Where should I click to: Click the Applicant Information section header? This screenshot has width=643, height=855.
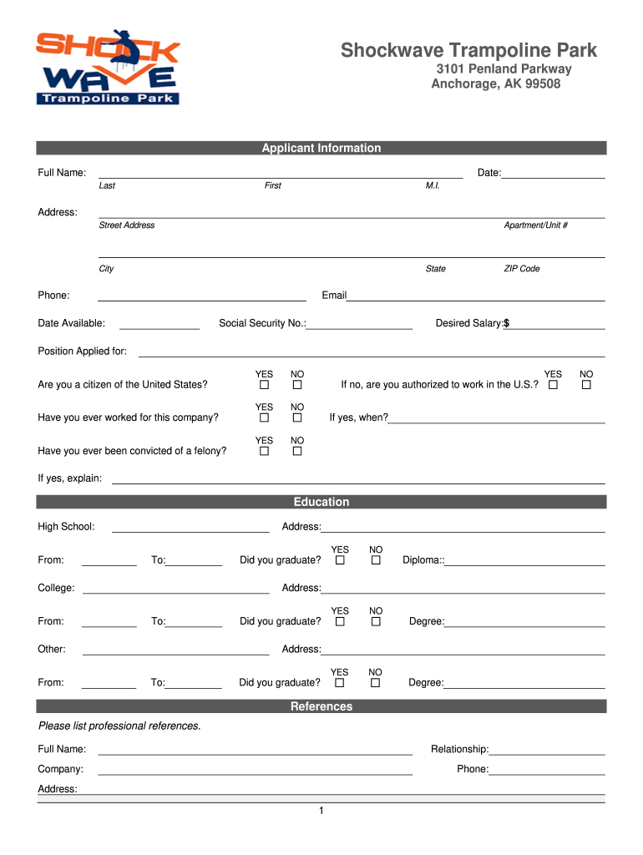[321, 149]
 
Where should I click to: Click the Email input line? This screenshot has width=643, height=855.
[475, 297]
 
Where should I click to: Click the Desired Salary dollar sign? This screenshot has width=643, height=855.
[506, 323]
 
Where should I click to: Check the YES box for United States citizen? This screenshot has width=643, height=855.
[264, 385]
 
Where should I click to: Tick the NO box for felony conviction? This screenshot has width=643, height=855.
[296, 451]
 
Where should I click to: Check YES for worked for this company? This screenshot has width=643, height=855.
[264, 417]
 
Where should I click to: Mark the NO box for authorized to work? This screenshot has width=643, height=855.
[586, 385]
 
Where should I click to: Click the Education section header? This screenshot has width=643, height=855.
[321, 503]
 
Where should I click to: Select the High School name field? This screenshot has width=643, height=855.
[190, 529]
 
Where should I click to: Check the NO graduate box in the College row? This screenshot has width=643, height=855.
[376, 621]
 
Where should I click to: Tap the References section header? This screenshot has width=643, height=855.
[321, 707]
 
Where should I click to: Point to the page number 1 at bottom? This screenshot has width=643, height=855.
[321, 812]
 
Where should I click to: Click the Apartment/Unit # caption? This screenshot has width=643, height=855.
[535, 225]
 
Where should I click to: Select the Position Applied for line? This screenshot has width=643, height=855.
[371, 353]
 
